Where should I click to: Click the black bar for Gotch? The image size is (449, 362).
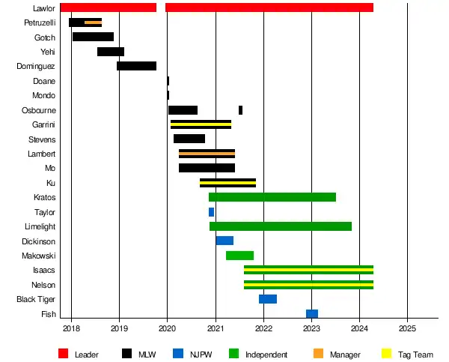coord(93,37)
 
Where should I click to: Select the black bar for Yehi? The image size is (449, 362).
coord(111,52)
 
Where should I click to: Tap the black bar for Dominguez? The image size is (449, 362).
coord(136,66)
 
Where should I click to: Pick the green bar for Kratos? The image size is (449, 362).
coord(272,197)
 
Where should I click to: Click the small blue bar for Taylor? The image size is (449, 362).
coord(211,212)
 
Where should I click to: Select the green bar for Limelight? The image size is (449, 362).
coord(281,226)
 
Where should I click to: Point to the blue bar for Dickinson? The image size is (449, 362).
coord(224,241)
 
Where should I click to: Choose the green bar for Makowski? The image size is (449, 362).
coord(239,256)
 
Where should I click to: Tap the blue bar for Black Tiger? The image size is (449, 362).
coord(268,299)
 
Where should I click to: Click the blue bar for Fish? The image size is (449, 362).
coord(312,314)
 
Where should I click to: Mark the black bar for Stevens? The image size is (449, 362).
coord(189,139)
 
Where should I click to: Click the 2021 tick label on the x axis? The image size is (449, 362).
coord(216,328)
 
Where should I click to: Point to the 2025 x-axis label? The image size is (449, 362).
coord(407,328)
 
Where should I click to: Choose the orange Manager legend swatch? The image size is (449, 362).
coord(318,354)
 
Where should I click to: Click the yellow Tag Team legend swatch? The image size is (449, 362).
coord(387,354)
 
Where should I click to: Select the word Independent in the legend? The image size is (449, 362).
coord(266,355)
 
